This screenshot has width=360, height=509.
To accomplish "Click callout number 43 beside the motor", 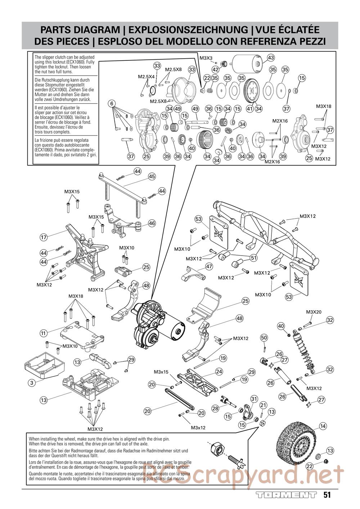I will click(271, 58).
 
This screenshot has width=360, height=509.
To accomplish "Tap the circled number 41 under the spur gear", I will click(249, 108).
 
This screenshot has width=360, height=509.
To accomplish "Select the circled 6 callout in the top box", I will click(112, 104).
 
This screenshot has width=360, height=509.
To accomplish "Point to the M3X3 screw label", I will click(206, 58).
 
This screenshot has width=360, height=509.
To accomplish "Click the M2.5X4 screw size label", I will click(146, 77).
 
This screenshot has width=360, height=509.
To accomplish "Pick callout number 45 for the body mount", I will click(152, 176).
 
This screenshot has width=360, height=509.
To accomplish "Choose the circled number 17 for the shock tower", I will click(44, 237).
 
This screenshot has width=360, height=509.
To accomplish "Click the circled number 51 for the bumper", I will click(254, 258).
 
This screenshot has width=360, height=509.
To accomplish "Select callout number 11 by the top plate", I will click(44, 333).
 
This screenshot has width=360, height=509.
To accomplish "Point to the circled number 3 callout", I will click(32, 383).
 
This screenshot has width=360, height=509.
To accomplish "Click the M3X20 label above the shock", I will click(314, 312).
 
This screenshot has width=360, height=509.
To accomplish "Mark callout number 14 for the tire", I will click(323, 426).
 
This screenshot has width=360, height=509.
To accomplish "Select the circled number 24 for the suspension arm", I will click(219, 371).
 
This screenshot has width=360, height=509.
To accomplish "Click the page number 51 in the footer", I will click(327, 495).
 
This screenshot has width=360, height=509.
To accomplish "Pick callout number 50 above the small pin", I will click(264, 338).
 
